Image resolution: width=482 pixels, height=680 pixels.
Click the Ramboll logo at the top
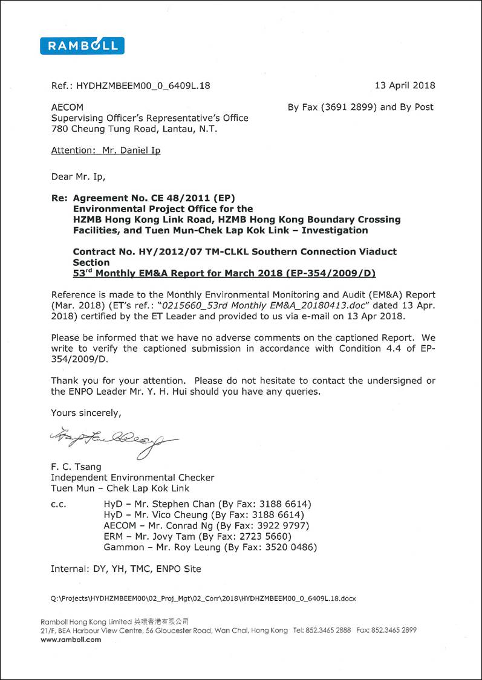tap(82, 46)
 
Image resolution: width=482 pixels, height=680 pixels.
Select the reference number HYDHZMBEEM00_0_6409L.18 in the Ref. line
tap(143, 86)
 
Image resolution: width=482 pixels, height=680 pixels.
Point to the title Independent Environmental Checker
tap(132, 477)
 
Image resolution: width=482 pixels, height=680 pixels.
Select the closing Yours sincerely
tap(86, 413)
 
